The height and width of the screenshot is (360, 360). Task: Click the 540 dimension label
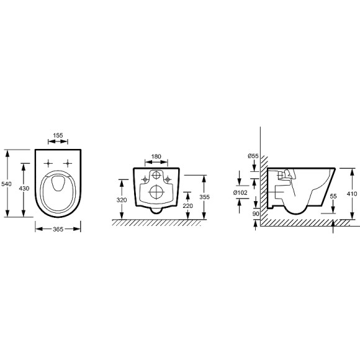coord(6,184)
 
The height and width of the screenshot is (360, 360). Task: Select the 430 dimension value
coord(24,189)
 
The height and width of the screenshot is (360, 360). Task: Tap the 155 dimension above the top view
coord(58,135)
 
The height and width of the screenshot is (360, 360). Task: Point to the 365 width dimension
coord(58,229)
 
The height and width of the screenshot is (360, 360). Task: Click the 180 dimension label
coord(156,156)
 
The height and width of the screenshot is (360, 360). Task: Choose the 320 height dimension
coord(122,200)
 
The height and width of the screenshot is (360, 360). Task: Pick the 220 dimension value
coord(188,206)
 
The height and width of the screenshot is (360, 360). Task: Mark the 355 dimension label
coord(204,197)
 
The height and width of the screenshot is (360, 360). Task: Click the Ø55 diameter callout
coord(253,156)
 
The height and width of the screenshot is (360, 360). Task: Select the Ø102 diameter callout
coord(240,193)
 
